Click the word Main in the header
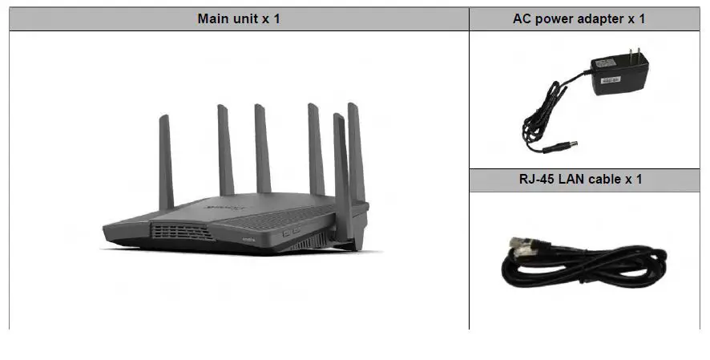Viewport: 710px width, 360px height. pos(213,18)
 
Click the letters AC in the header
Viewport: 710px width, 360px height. pos(522,18)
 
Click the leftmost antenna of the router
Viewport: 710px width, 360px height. pos(165,160)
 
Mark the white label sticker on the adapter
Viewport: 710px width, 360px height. pos(613,79)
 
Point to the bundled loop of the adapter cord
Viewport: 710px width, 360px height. pos(535,112)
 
